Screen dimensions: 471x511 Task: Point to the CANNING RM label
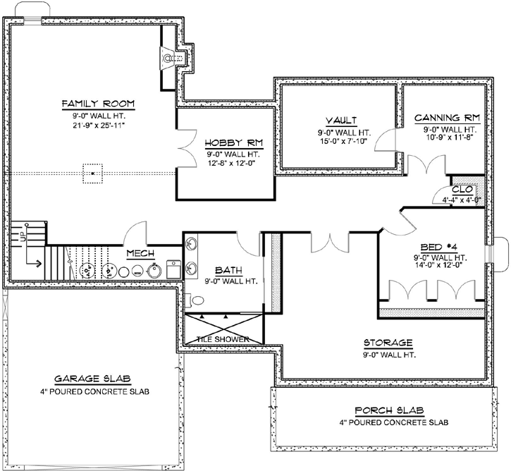click(x=446, y=118)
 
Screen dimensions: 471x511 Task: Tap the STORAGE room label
click(x=388, y=343)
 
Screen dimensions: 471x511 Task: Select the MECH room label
click(x=140, y=252)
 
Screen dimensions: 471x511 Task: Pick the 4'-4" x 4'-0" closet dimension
click(x=462, y=200)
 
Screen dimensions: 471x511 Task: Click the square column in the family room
click(x=92, y=172)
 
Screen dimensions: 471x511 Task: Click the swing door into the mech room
click(x=135, y=232)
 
